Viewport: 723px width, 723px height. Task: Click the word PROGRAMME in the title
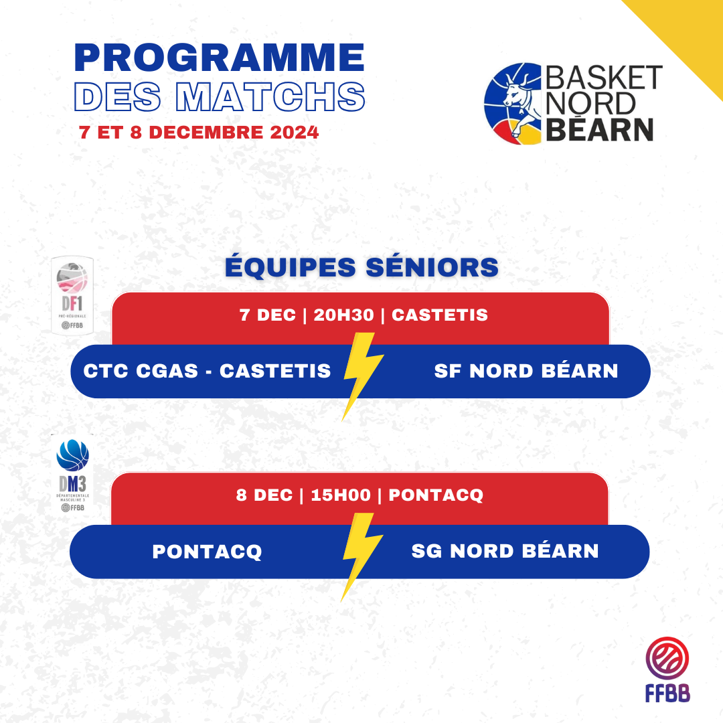(220, 58)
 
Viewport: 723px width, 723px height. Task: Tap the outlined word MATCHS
(270, 97)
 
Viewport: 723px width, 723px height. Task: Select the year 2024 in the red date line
(294, 133)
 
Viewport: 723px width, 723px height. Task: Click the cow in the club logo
(519, 102)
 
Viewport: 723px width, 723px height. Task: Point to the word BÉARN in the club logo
(599, 130)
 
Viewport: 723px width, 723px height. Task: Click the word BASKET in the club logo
(604, 78)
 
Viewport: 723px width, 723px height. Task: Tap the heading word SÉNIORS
(432, 266)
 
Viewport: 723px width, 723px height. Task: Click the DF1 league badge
(72, 295)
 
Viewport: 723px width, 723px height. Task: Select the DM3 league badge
(72, 475)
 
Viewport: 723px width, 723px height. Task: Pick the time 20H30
(343, 315)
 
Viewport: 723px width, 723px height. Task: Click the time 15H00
(341, 495)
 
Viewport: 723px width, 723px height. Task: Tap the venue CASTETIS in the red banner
(439, 315)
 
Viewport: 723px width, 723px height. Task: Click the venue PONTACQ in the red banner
(436, 495)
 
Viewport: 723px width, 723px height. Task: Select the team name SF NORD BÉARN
(526, 371)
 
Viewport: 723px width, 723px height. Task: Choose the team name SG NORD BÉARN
(505, 551)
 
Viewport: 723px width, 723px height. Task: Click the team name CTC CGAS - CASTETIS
(207, 371)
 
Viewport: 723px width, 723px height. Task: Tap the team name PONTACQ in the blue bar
(207, 552)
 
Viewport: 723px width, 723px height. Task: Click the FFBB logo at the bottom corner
(667, 669)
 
